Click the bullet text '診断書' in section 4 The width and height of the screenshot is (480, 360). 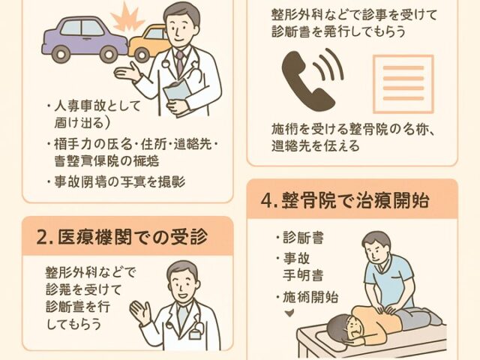tap(305, 238)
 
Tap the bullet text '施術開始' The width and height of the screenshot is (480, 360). tap(309, 297)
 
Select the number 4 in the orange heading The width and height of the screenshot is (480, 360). tap(266, 201)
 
